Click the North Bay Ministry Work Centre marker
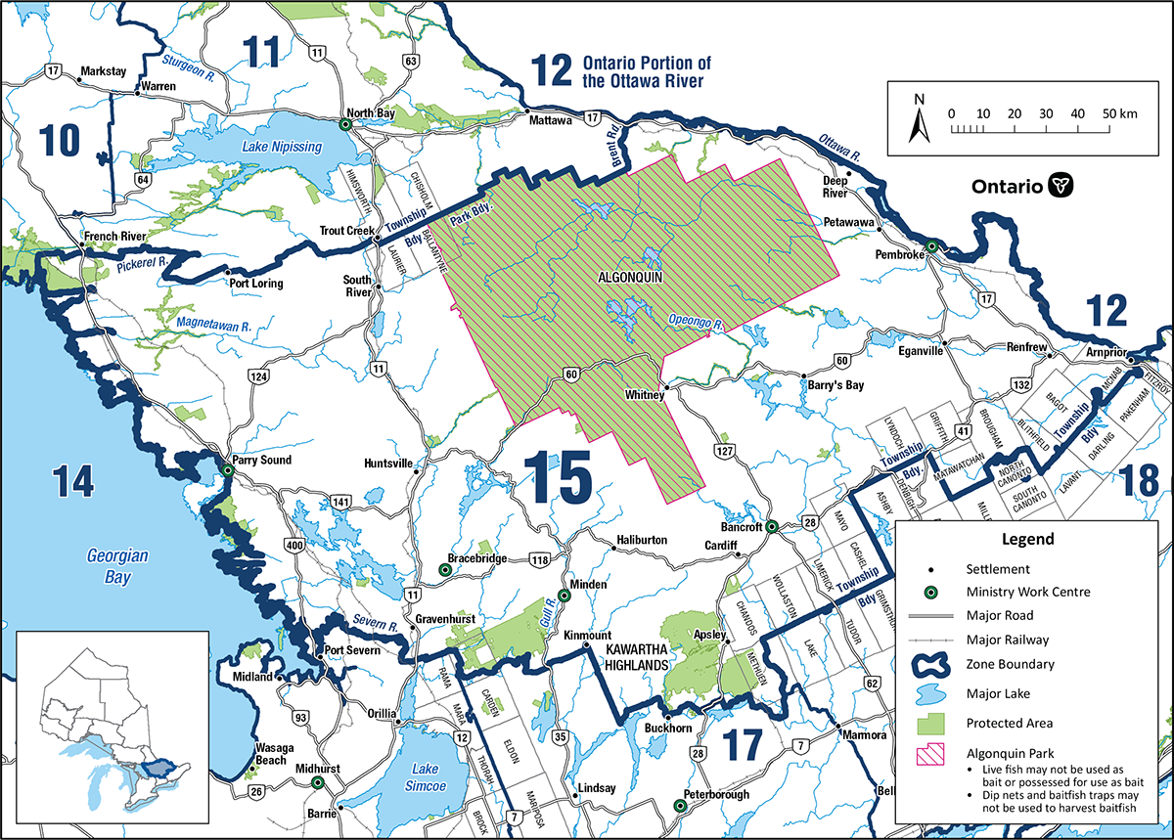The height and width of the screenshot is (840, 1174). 345,125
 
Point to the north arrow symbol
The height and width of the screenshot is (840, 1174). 918,120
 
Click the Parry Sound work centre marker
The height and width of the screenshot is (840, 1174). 227,471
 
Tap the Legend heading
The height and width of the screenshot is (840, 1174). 1027,539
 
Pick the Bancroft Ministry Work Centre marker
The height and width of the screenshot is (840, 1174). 771,527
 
